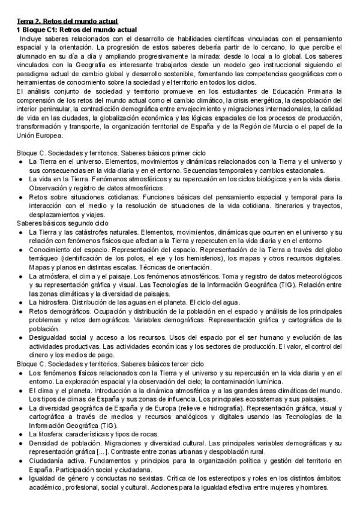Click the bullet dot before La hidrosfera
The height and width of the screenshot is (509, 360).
tap(20, 302)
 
